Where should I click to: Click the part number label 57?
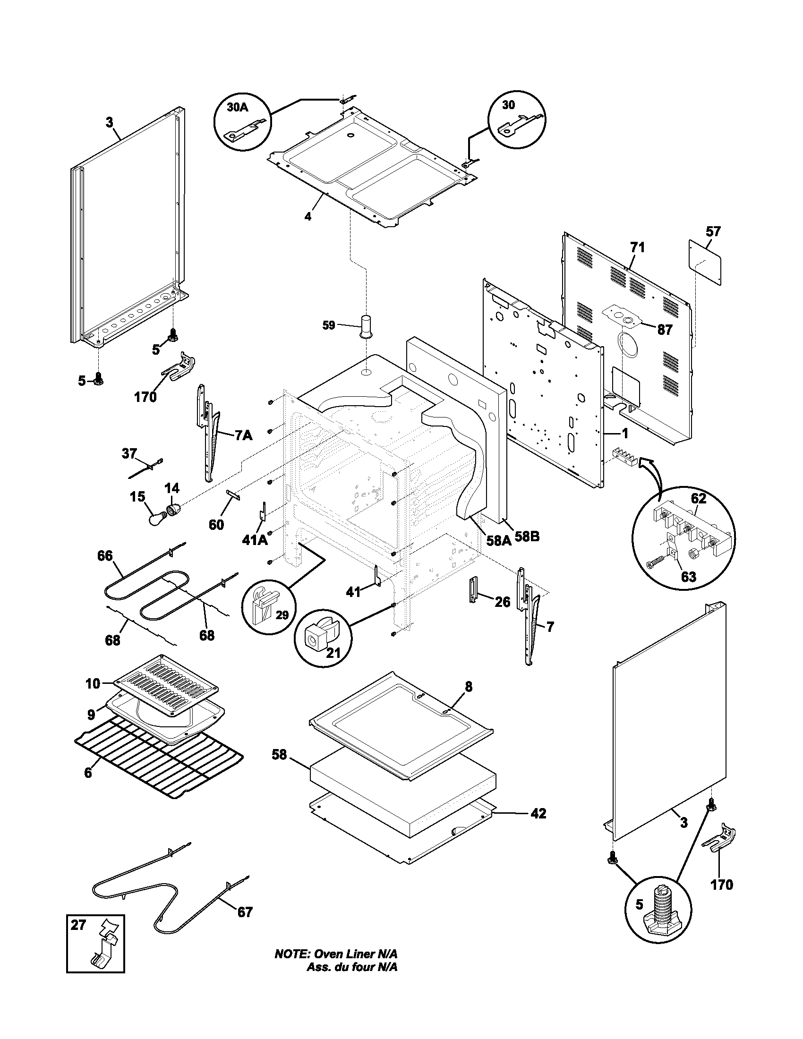(x=713, y=232)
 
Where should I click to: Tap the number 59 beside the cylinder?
(x=329, y=325)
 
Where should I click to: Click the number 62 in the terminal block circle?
(x=698, y=499)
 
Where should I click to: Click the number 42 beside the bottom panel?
(x=538, y=814)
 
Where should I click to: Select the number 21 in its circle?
(x=333, y=653)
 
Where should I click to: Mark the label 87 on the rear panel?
(x=665, y=329)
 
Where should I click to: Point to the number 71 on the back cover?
(x=638, y=247)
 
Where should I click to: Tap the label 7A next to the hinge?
(x=243, y=435)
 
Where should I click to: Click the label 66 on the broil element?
(x=105, y=556)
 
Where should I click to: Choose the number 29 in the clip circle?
(x=282, y=615)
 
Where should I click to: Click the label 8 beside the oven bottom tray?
(x=469, y=687)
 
